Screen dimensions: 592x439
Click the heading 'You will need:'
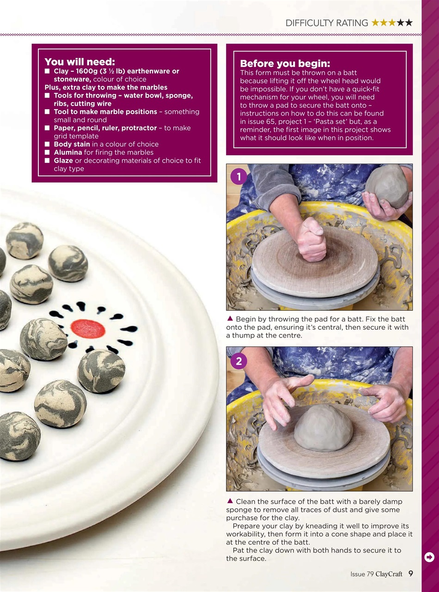pos(80,62)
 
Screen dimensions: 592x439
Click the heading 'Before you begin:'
pos(285,63)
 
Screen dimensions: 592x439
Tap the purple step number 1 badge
pos(239,177)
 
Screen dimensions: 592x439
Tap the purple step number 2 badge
pos(239,361)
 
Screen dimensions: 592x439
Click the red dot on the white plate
pos(88,328)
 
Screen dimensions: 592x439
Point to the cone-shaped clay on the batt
pos(323,427)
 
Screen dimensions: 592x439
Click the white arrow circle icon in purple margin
pos(429,557)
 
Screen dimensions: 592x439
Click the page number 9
pos(411,574)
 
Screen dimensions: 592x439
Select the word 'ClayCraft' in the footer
pos(389,574)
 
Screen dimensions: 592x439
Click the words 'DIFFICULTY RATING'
pos(327,23)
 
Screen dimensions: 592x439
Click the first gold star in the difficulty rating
pos(375,23)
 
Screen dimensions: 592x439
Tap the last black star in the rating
pos(408,23)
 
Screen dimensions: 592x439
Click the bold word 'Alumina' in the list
pos(68,152)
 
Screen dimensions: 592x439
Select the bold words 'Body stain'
pos(72,144)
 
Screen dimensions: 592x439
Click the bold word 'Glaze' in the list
pos(63,160)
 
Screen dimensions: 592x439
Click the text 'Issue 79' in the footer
pos(362,574)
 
